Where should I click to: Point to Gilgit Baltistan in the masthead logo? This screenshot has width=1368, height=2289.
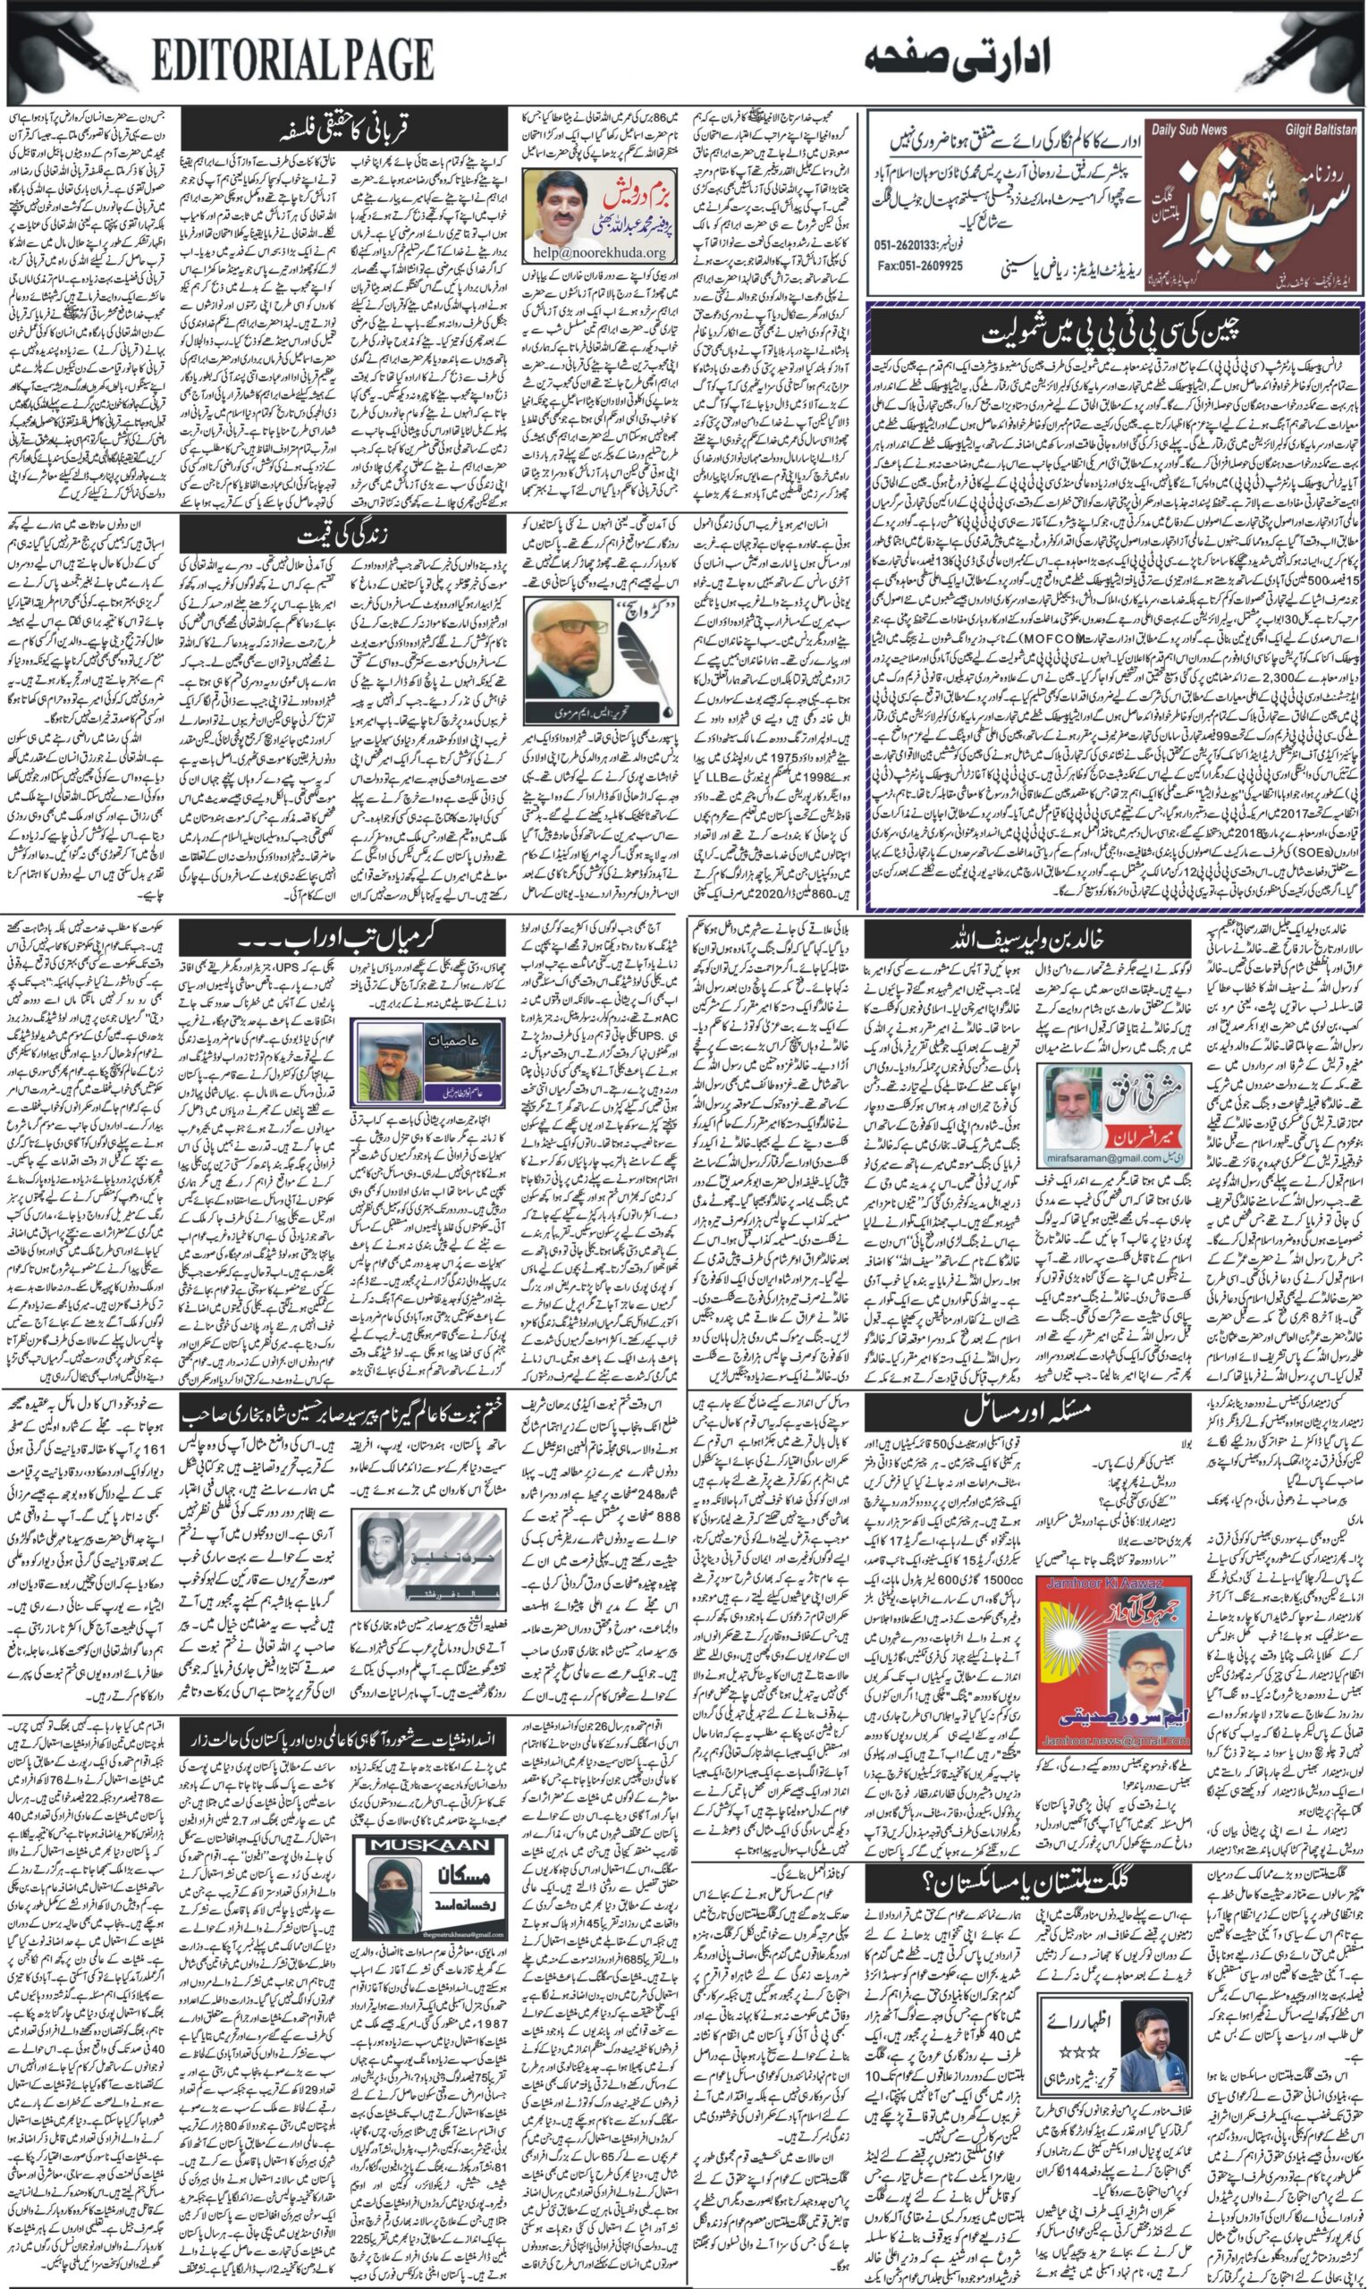click(1319, 130)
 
